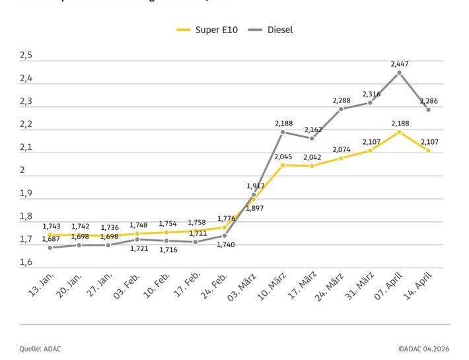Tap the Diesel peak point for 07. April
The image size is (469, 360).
(399, 73)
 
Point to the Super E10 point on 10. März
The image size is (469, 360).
(283, 165)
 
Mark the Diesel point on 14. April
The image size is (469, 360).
(428, 110)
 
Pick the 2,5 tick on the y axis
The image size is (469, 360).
(26, 55)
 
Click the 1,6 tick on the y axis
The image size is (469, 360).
(26, 263)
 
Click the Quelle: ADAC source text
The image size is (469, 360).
(40, 349)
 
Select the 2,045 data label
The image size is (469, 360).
(283, 156)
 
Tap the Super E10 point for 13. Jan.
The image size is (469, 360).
(50, 234)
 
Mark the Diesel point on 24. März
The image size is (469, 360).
(341, 109)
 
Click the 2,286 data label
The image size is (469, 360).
(429, 101)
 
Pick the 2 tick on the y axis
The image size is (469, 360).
(22, 170)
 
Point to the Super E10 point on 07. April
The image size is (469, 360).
(399, 132)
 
